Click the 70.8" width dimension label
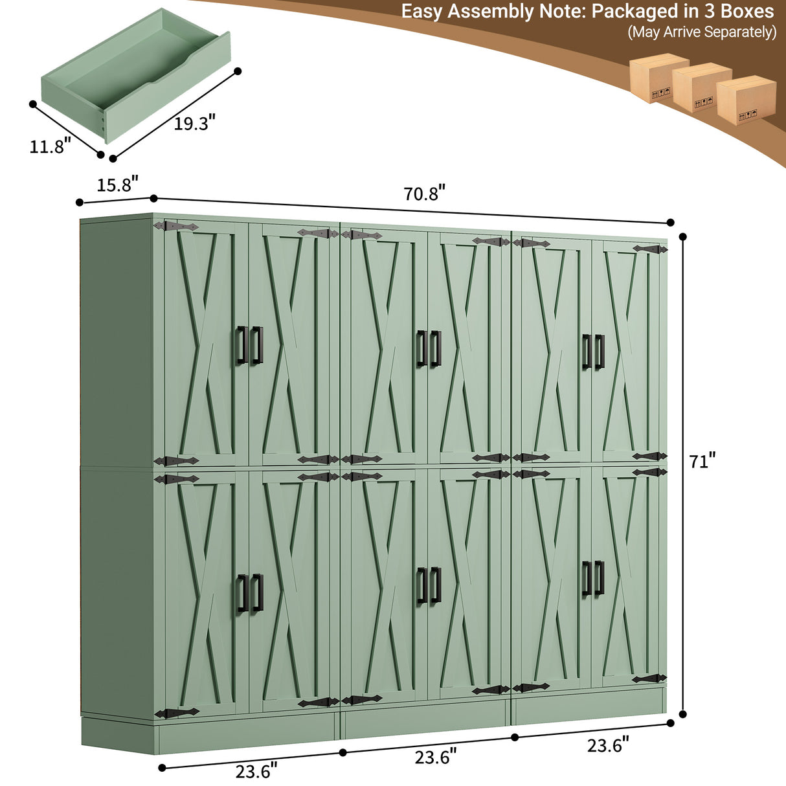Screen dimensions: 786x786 pos(424,193)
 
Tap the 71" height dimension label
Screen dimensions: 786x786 pos(702,461)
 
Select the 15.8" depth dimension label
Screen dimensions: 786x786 pos(117,185)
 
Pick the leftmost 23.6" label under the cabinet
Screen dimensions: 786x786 pos(256,770)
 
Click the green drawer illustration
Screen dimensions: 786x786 pos(137,76)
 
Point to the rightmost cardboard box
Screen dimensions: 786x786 pos(746,100)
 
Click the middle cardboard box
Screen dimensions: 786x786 pos(702,87)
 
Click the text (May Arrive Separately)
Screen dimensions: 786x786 pos(702,32)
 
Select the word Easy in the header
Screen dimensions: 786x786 pos(422,12)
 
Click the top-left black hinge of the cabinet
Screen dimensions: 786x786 pos(176,227)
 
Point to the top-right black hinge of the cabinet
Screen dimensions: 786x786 pos(650,249)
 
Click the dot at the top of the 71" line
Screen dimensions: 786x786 pos(683,236)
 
